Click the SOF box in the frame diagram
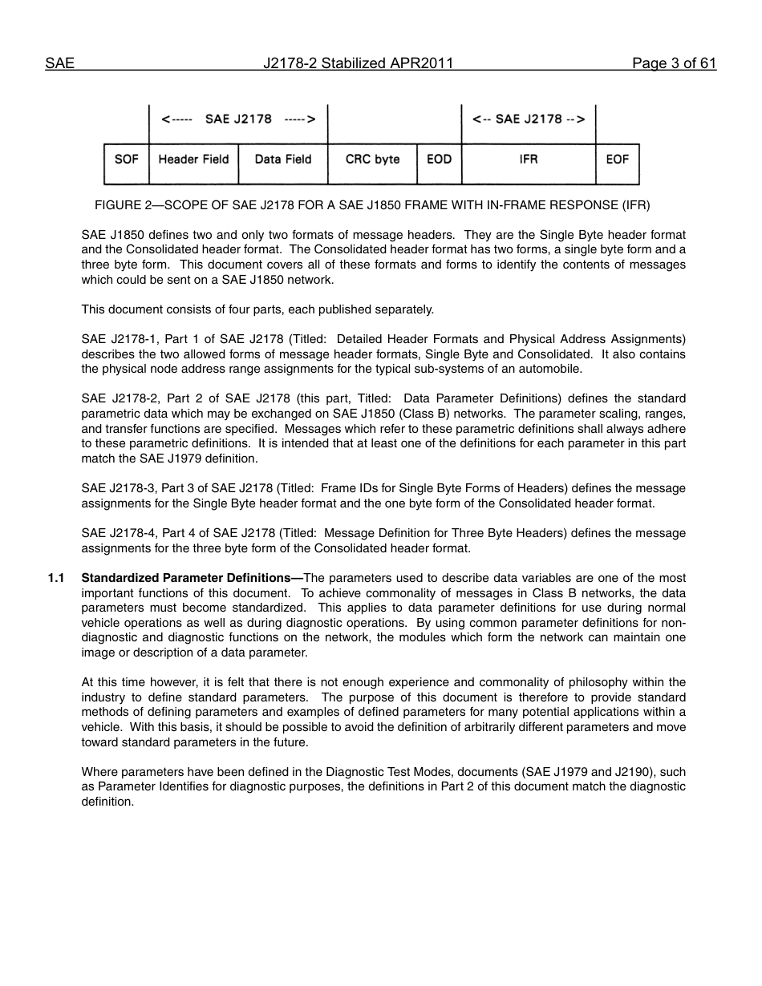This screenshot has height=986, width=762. [127, 160]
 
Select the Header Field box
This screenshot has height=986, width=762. [193, 160]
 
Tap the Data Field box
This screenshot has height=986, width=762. [282, 160]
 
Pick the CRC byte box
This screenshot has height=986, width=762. [372, 160]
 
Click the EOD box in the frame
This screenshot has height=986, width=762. [439, 160]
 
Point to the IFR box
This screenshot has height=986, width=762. [529, 160]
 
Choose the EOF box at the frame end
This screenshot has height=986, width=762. [617, 160]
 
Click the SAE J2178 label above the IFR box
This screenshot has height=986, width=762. [529, 119]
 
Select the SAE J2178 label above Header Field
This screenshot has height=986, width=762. [238, 119]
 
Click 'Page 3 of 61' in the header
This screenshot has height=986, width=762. [674, 63]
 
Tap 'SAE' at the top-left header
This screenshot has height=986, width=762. [59, 63]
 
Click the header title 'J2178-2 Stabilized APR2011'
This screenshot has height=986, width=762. [358, 63]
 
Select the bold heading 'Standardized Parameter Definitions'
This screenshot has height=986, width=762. [189, 578]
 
